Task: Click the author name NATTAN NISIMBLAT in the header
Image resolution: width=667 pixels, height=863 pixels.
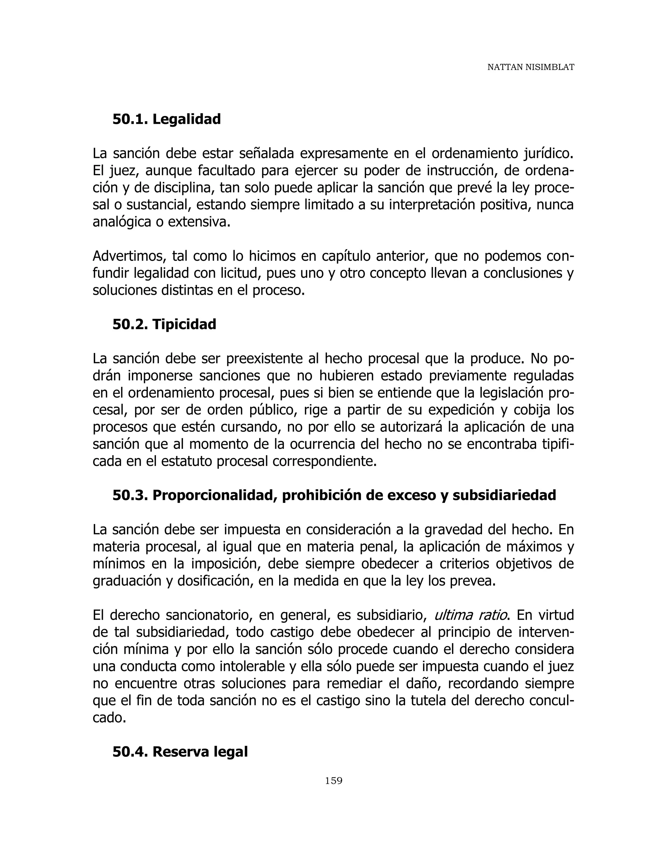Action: [530, 67]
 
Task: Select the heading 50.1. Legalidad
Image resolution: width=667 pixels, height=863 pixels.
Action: [166, 119]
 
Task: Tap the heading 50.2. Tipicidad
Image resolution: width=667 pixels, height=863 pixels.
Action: [164, 324]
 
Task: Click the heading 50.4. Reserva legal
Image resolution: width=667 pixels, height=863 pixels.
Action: [180, 751]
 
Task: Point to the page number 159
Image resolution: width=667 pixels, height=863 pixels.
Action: [333, 780]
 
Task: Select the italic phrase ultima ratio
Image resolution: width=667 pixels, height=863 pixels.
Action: [471, 615]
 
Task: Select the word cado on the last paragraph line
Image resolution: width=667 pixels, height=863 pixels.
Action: [109, 717]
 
